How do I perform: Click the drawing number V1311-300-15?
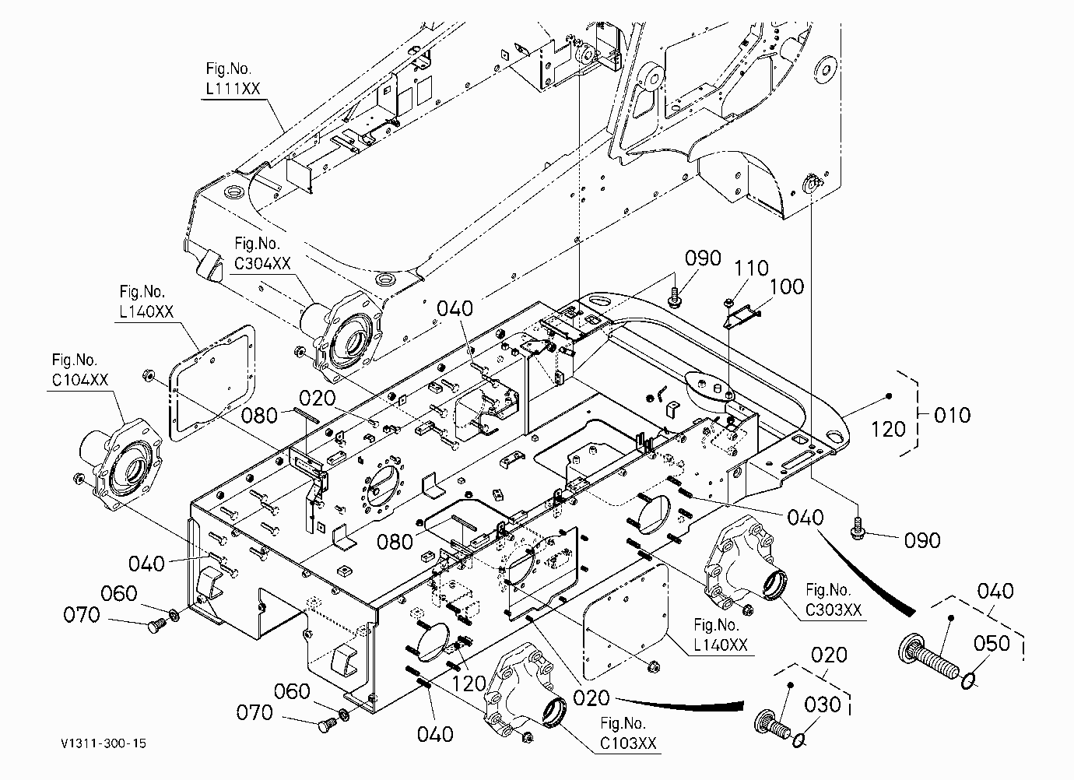pyautogui.click(x=103, y=743)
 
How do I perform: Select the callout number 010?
pyautogui.click(x=953, y=415)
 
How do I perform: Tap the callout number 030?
pyautogui.click(x=823, y=704)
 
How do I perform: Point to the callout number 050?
pyautogui.click(x=992, y=643)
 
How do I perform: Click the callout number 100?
pyautogui.click(x=787, y=287)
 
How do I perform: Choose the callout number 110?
pyautogui.click(x=751, y=268)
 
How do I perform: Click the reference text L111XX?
pyautogui.click(x=233, y=88)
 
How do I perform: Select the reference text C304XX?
pyautogui.click(x=262, y=263)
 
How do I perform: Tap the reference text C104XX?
pyautogui.click(x=80, y=380)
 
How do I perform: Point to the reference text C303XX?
pyautogui.click(x=834, y=610)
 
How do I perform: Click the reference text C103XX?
pyautogui.click(x=627, y=743)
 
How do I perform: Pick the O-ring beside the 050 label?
pyautogui.click(x=967, y=680)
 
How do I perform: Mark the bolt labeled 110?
pyautogui.click(x=728, y=302)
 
